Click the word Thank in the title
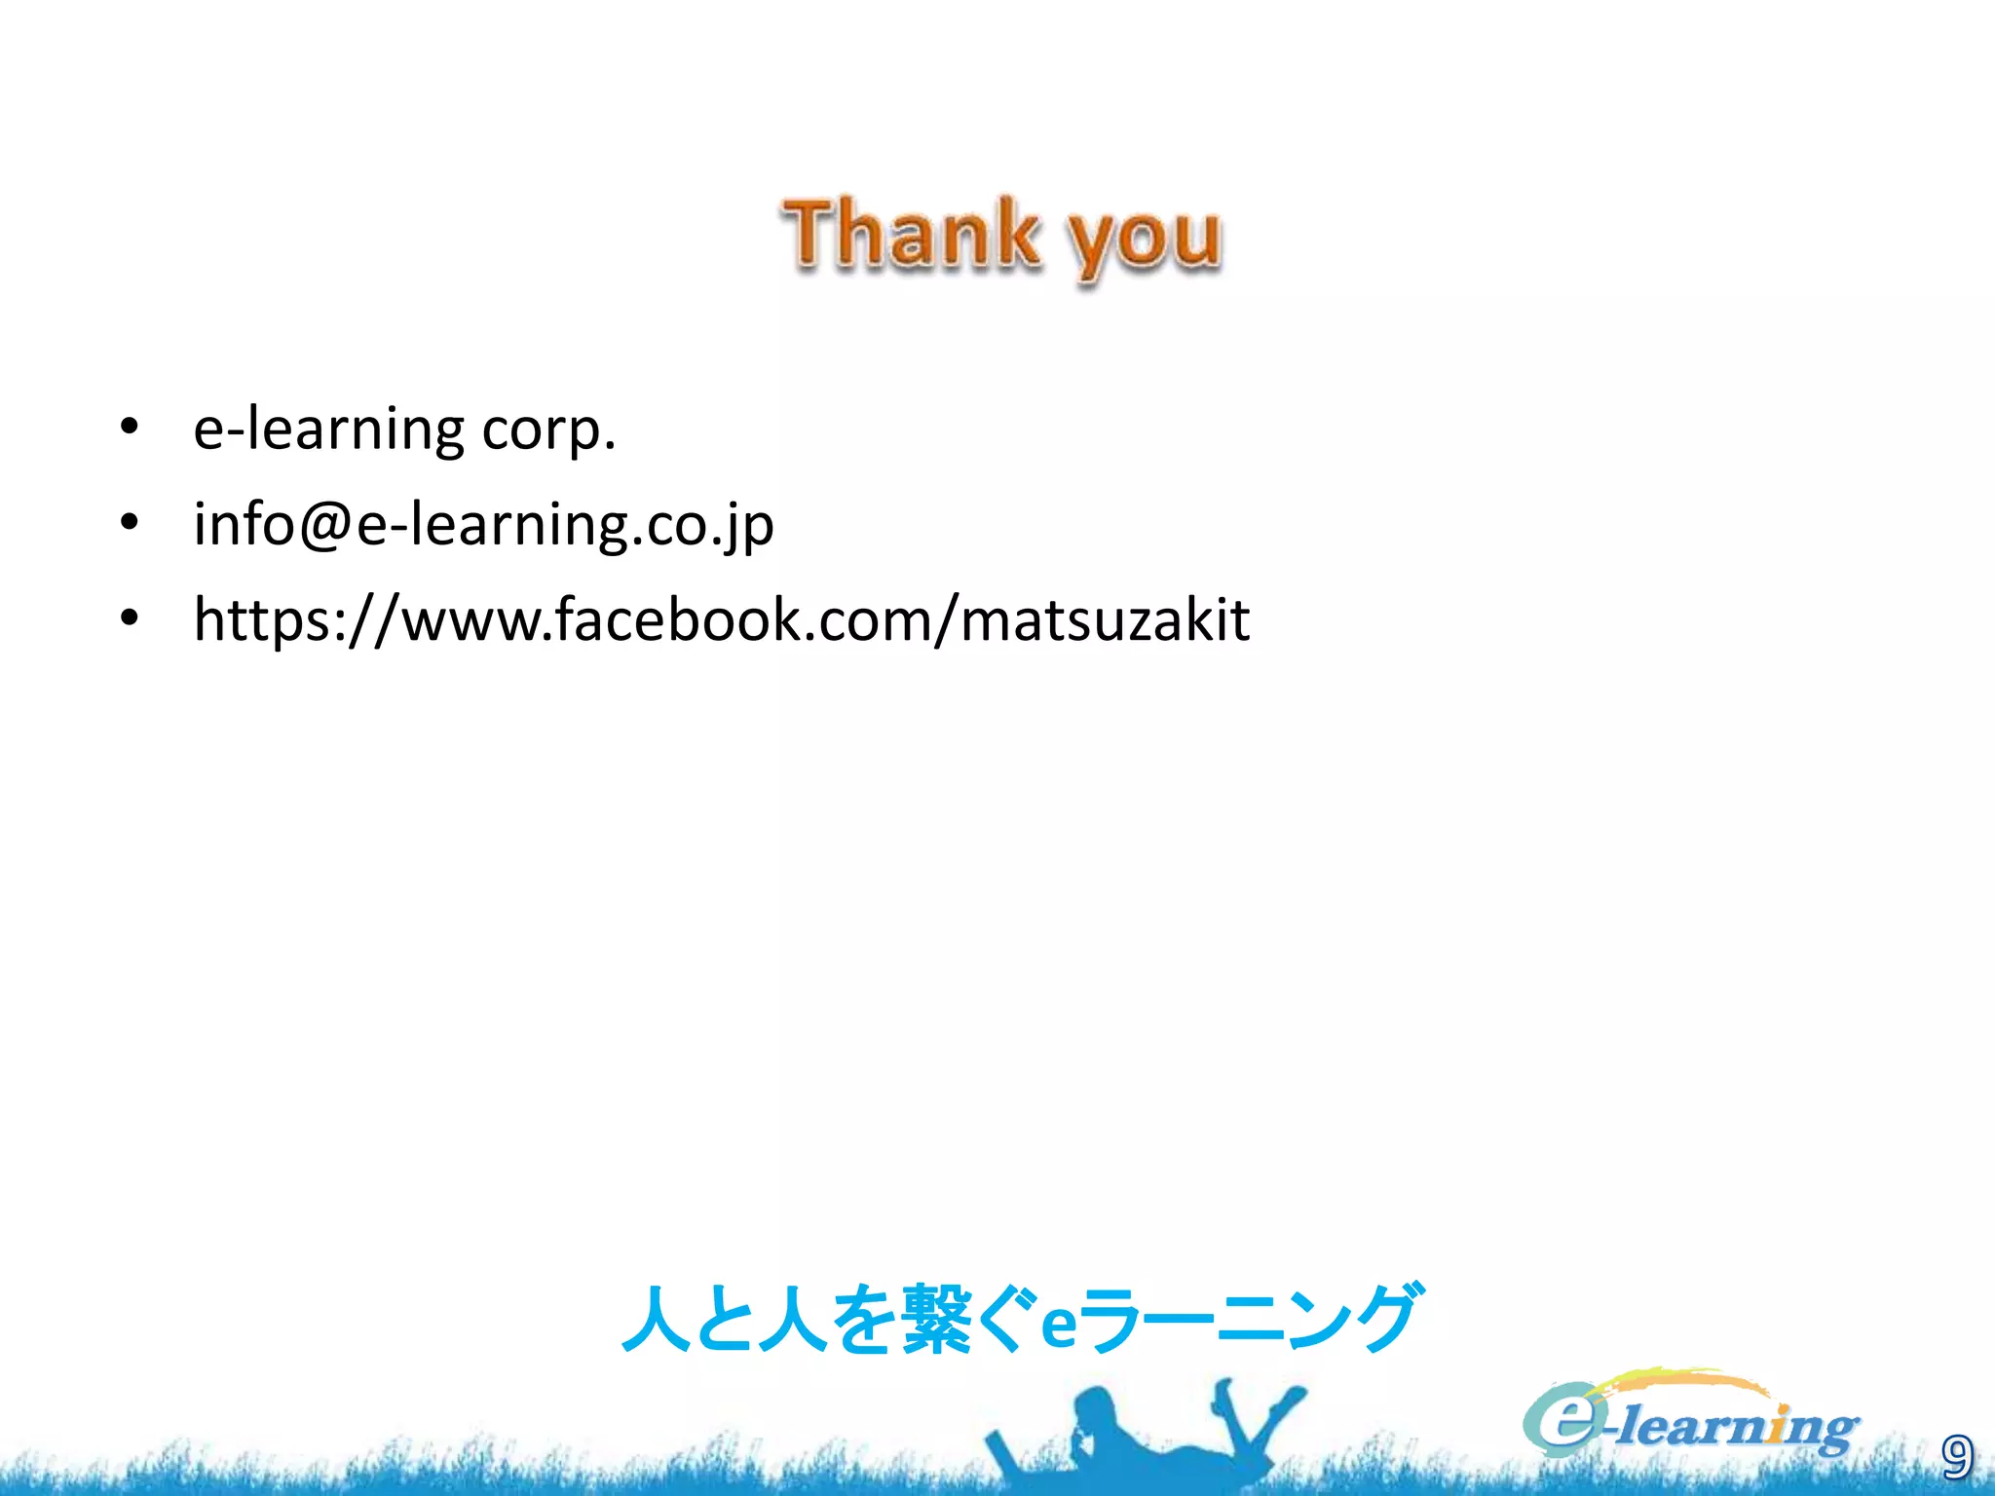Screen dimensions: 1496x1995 click(x=910, y=234)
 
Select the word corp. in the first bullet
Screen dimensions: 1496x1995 click(x=548, y=430)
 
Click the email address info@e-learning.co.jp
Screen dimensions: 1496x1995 click(x=483, y=525)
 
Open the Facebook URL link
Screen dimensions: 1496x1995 click(x=721, y=620)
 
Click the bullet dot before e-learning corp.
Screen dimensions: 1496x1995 click(x=130, y=428)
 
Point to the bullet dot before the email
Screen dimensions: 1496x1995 click(x=130, y=523)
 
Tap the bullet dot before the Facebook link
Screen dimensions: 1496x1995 click(x=130, y=618)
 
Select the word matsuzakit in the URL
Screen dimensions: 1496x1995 click(x=1105, y=620)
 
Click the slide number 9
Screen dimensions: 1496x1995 click(x=1956, y=1457)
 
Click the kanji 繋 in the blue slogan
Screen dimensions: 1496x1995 click(x=936, y=1320)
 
